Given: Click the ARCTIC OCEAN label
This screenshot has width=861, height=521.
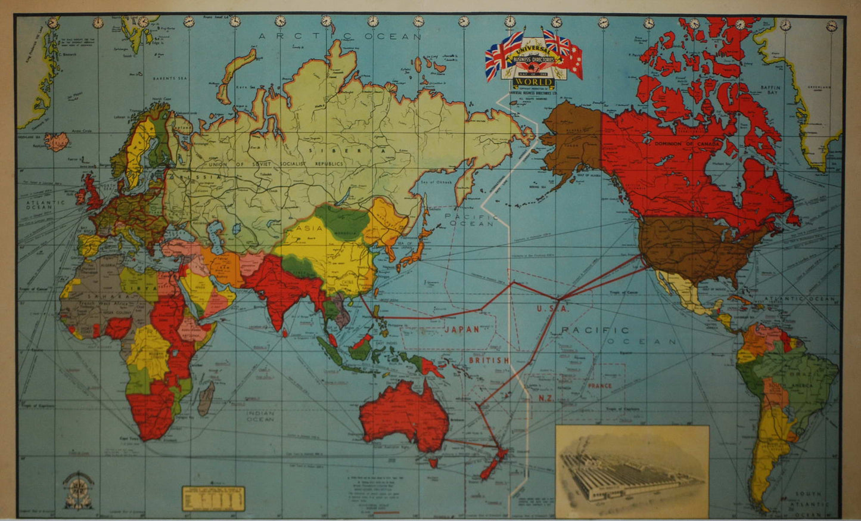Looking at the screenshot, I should tap(340, 36).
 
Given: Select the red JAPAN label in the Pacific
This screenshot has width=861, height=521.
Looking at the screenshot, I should tap(460, 329).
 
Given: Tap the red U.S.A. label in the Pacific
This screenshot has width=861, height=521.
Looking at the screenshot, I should tap(553, 309).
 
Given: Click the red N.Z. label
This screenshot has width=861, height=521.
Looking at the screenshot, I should tap(546, 398).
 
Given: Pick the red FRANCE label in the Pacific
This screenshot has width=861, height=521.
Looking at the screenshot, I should tap(599, 386).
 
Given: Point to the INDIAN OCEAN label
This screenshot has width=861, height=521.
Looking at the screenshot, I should tap(261, 415).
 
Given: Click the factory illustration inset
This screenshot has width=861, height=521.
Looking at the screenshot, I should tap(632, 471).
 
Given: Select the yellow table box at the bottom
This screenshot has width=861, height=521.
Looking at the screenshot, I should tap(213, 498).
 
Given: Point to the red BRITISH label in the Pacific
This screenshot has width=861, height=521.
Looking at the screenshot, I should tap(489, 360).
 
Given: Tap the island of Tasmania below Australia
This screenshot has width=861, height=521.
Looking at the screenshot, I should tap(433, 461).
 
